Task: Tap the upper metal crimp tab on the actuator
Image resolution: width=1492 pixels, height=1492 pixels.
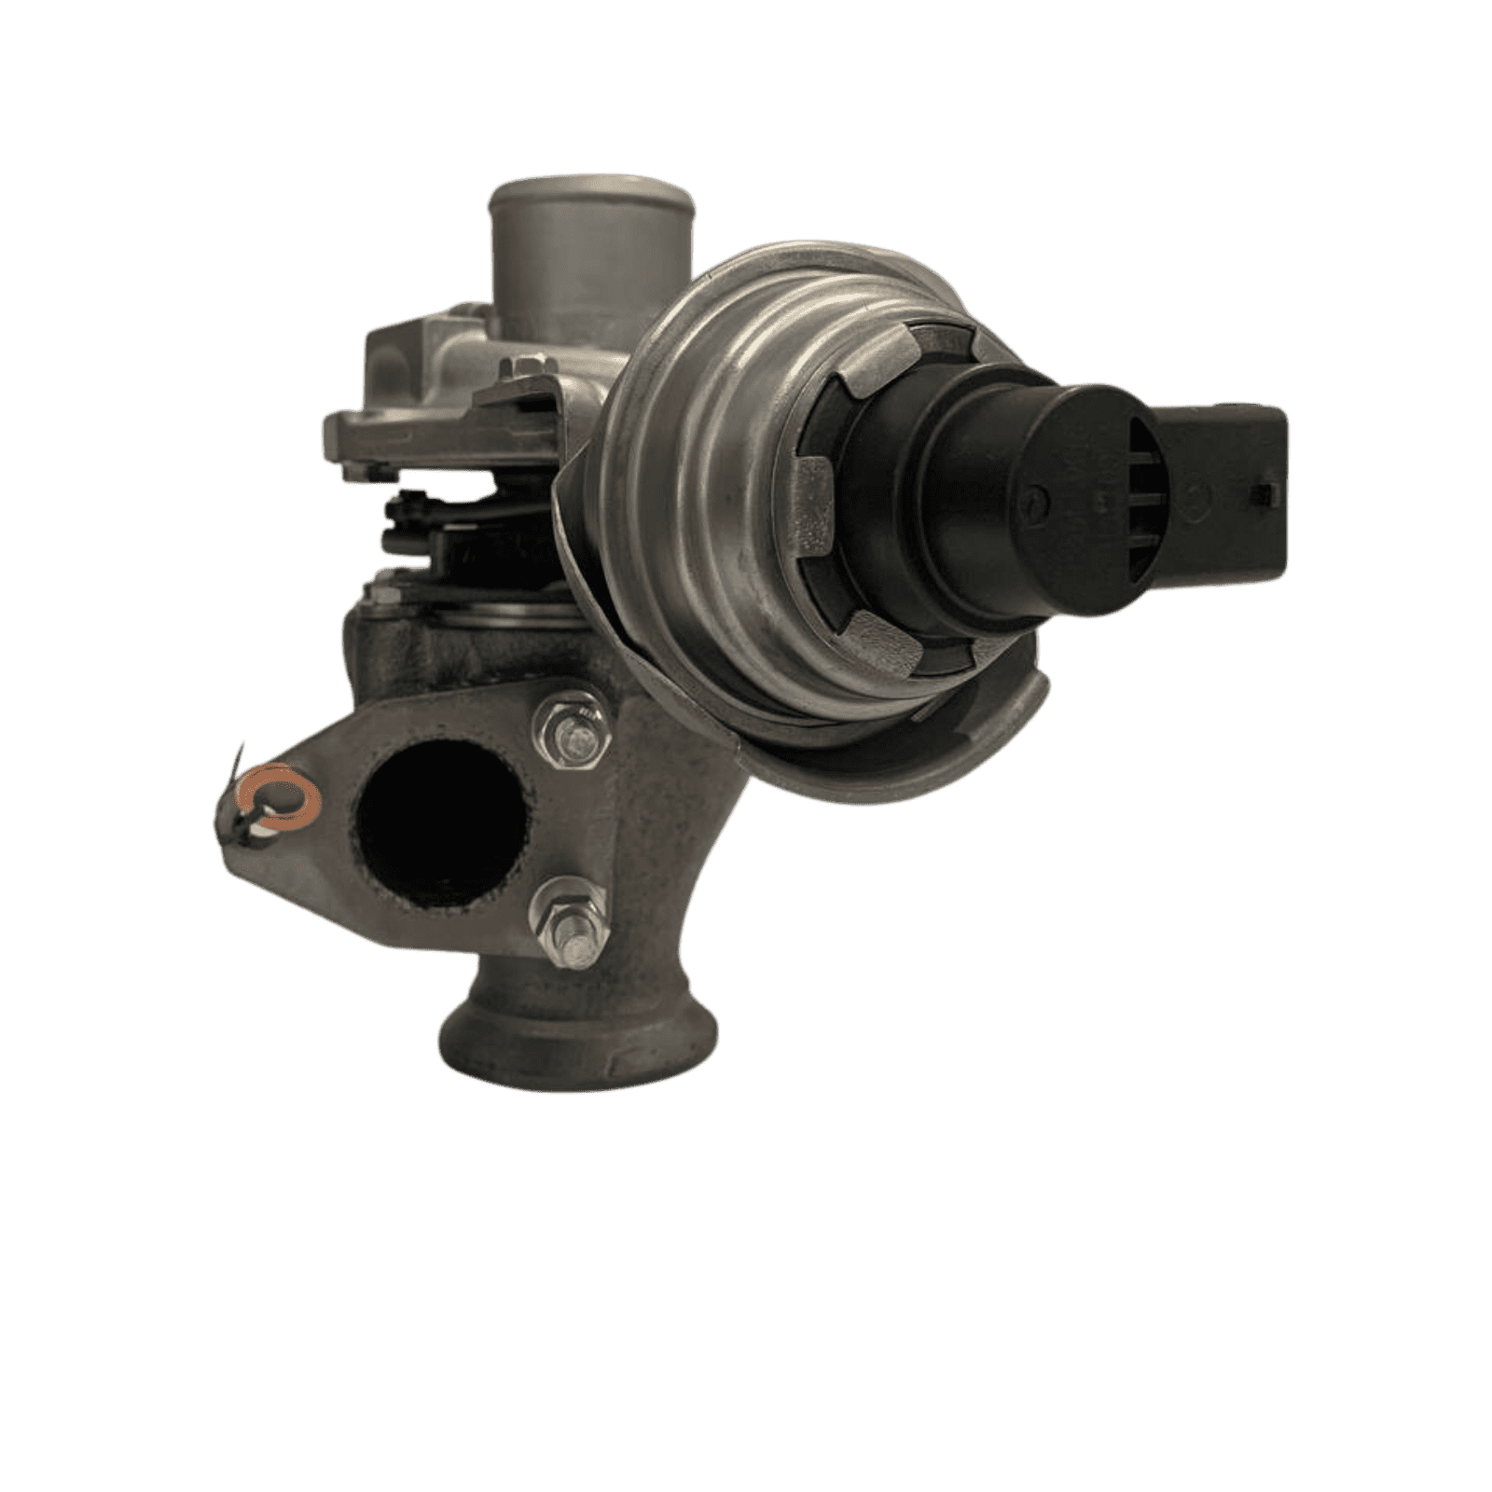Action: [872, 378]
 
